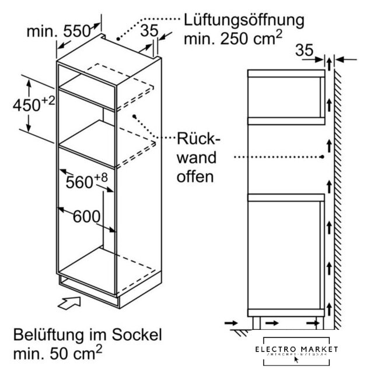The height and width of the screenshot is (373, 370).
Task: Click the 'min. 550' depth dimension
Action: [57, 31]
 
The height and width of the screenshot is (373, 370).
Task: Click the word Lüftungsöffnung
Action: [244, 20]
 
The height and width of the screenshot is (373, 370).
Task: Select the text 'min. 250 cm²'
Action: [233, 39]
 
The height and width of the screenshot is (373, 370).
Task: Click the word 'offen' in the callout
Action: [193, 176]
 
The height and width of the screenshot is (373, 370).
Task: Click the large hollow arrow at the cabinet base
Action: [69, 303]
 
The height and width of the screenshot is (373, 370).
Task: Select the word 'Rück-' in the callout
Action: [197, 140]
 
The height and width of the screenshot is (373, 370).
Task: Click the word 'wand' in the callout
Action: [196, 158]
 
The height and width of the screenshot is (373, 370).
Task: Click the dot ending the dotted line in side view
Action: [322, 157]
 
